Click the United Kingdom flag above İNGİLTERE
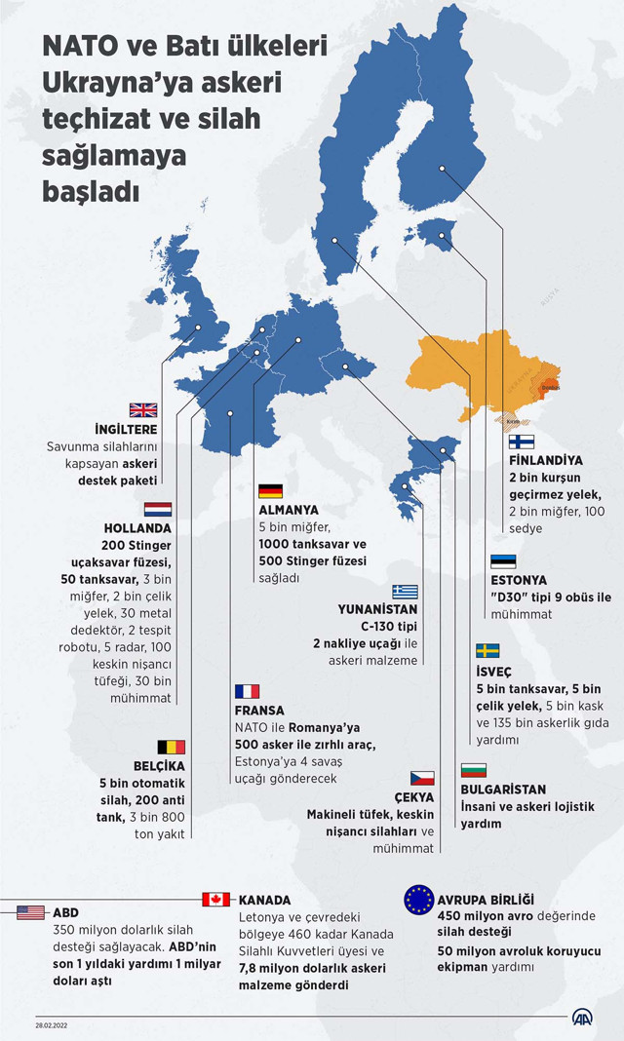pyautogui.click(x=143, y=410)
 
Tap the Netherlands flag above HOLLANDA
pyautogui.click(x=158, y=509)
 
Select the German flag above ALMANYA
pyautogui.click(x=271, y=491)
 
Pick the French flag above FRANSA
pyautogui.click(x=247, y=691)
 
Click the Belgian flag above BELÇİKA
pyautogui.click(x=172, y=747)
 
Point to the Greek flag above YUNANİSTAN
pyautogui.click(x=405, y=592)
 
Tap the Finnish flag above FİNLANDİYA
pyautogui.click(x=522, y=442)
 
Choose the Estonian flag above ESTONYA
pyautogui.click(x=502, y=561)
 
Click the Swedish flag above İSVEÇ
pyautogui.click(x=487, y=650)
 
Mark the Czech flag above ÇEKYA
pyautogui.click(x=421, y=777)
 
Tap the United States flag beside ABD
pyautogui.click(x=31, y=912)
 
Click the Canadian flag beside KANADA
pyautogui.click(x=215, y=900)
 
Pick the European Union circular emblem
pyautogui.click(x=419, y=900)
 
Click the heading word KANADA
pyautogui.click(x=264, y=900)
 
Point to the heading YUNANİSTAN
pyautogui.click(x=377, y=609)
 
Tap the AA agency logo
pyautogui.click(x=582, y=1018)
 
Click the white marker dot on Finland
pyautogui.click(x=442, y=169)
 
